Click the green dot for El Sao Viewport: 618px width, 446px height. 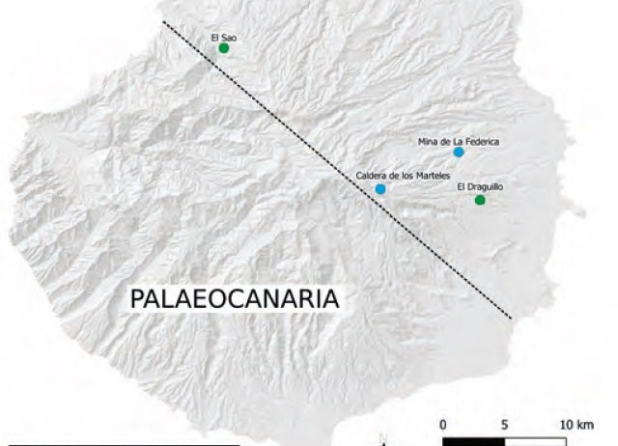(223, 48)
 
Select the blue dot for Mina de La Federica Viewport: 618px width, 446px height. (459, 153)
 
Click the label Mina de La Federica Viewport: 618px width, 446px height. (459, 141)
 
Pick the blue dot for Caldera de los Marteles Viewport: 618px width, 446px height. (380, 189)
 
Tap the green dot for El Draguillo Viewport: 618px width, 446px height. (480, 200)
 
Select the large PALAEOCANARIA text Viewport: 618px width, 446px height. (235, 298)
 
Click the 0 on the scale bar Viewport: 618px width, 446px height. (443, 424)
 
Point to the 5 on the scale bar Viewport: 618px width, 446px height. (505, 424)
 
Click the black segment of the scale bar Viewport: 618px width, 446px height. (474, 441)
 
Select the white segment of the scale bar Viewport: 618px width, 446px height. (535, 441)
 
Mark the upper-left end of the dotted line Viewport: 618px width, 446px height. (163, 22)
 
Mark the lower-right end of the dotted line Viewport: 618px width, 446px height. (510, 316)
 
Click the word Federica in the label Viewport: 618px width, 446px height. (482, 141)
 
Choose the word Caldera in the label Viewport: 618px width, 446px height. (371, 176)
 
